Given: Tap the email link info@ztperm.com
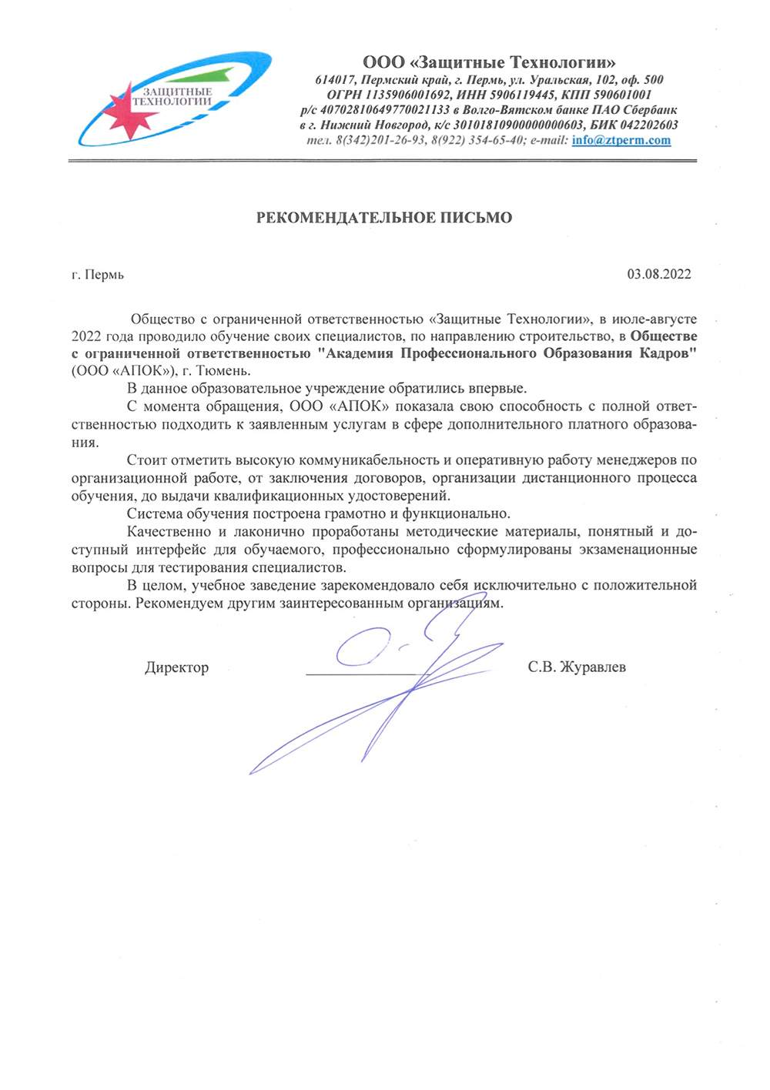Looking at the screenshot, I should click(x=621, y=140).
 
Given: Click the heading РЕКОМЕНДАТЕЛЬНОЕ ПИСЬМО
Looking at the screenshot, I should click(x=384, y=218).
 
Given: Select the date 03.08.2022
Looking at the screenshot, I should click(x=658, y=274).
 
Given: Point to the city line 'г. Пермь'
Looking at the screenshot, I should click(x=98, y=275).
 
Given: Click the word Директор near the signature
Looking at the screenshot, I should click(x=176, y=667).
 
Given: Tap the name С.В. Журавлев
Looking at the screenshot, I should click(x=576, y=667).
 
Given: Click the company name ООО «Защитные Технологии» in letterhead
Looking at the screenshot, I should click(x=490, y=62).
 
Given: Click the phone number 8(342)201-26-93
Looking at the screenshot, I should click(x=381, y=140).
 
